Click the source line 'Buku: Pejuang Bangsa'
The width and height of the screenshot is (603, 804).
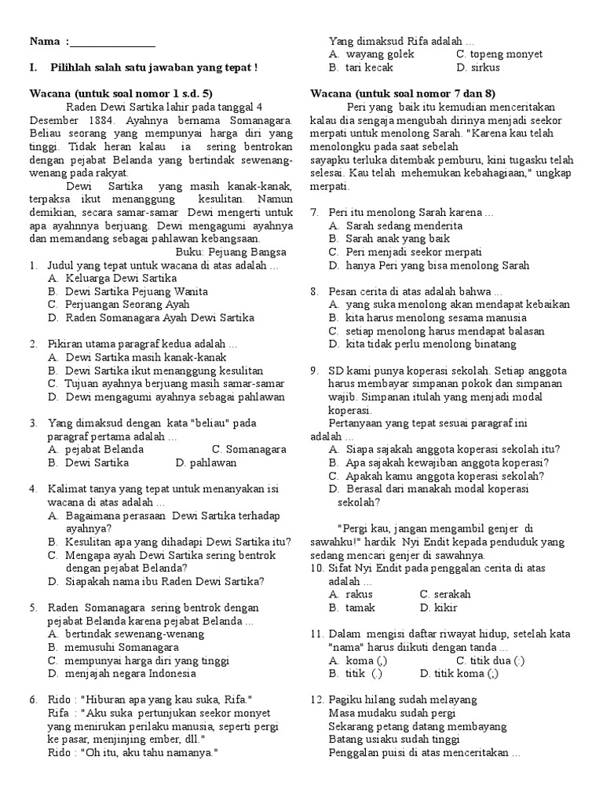231,253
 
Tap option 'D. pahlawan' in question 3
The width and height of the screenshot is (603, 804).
206,463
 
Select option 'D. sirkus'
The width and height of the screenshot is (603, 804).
478,68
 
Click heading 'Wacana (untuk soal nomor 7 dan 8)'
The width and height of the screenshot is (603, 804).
403,93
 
